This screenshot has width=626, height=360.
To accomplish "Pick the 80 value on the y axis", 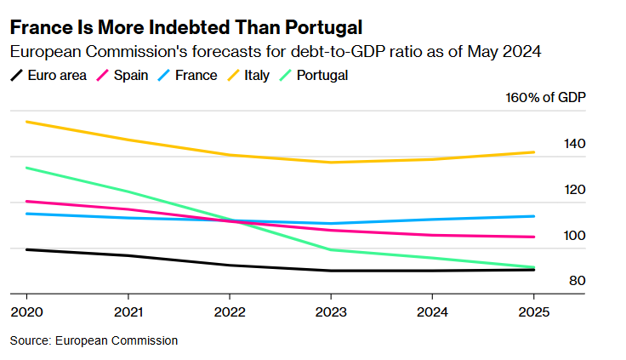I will pyautogui.click(x=577, y=281).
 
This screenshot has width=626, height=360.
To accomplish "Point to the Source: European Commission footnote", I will pyautogui.click(x=94, y=340).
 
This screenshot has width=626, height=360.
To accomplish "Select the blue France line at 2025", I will pyautogui.click(x=532, y=216).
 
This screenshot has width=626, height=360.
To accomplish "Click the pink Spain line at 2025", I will pyautogui.click(x=532, y=237).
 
